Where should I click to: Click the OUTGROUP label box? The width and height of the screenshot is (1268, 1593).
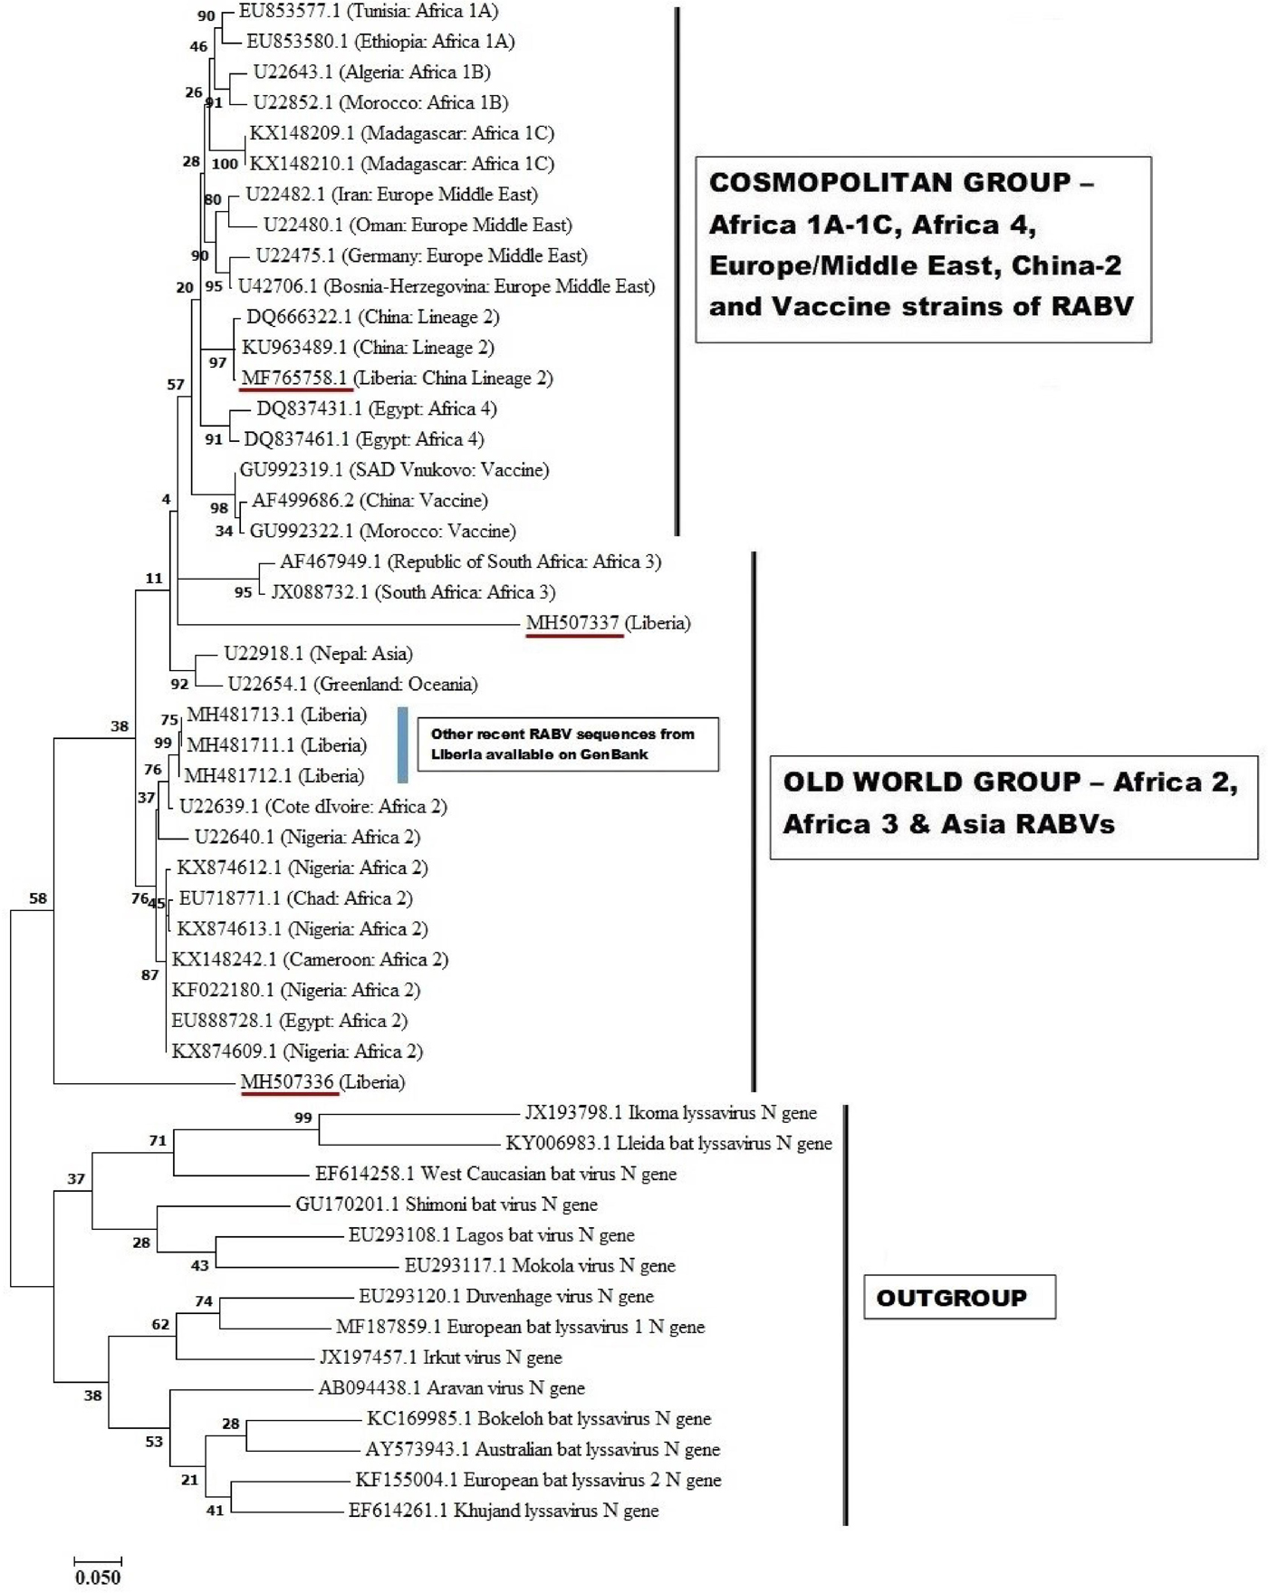959,1297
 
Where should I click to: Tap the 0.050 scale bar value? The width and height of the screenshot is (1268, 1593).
98,1577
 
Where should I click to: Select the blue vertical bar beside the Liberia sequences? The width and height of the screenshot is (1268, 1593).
403,744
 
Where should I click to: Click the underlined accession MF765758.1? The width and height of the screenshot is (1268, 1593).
294,378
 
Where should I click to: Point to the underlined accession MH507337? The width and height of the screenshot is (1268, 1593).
572,623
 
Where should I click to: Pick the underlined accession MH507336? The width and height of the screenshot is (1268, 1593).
288,1081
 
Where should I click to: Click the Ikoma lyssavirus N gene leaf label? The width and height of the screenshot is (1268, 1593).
670,1112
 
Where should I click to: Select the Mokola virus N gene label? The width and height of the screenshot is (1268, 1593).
540,1265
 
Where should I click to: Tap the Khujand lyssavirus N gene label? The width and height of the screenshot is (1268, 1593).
504,1510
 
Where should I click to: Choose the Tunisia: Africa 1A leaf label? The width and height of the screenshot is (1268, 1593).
368,11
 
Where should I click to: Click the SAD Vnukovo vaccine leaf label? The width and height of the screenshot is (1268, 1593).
394,469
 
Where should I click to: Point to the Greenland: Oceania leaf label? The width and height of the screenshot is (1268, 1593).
352,684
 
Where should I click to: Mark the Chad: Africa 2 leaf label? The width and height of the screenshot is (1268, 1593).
295,897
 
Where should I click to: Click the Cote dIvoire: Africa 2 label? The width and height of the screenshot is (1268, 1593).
312,806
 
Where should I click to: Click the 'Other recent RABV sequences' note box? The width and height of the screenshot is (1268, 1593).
567,744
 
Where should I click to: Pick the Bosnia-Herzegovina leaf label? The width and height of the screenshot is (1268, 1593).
446,286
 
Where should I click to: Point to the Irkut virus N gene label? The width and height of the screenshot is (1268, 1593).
440,1357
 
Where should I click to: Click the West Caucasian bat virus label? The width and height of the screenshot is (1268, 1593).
495,1174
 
